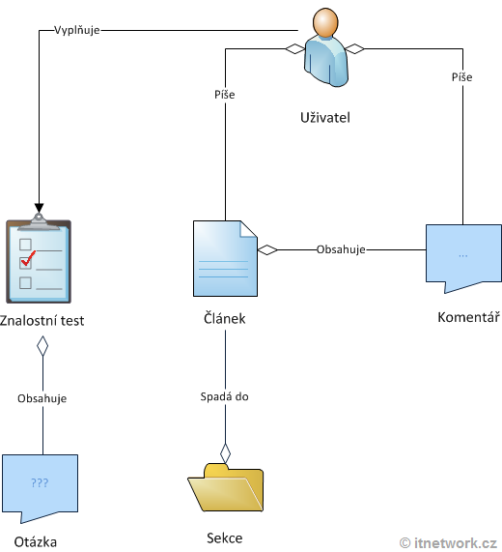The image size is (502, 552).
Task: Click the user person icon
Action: coord(323,48)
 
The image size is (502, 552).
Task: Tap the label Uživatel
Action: coord(324,118)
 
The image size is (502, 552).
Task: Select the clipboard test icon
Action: coord(39,257)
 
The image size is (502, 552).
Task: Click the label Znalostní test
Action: coord(42,320)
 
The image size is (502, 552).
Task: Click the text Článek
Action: coord(226,320)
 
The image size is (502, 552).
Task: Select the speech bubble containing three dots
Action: coord(462,257)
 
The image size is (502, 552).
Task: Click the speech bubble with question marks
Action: coord(40,483)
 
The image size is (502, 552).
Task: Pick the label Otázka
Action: coord(36,541)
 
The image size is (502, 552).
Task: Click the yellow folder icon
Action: coord(225,489)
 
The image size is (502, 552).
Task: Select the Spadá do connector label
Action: coord(225,396)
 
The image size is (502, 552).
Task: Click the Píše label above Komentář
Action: coord(462,76)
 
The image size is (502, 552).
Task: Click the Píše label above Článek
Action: coord(225,95)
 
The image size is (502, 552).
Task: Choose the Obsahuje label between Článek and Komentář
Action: coord(341,249)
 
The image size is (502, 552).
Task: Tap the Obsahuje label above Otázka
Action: coord(42,397)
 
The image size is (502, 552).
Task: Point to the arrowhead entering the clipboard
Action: coord(39,207)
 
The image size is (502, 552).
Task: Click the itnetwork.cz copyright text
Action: coord(449,542)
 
